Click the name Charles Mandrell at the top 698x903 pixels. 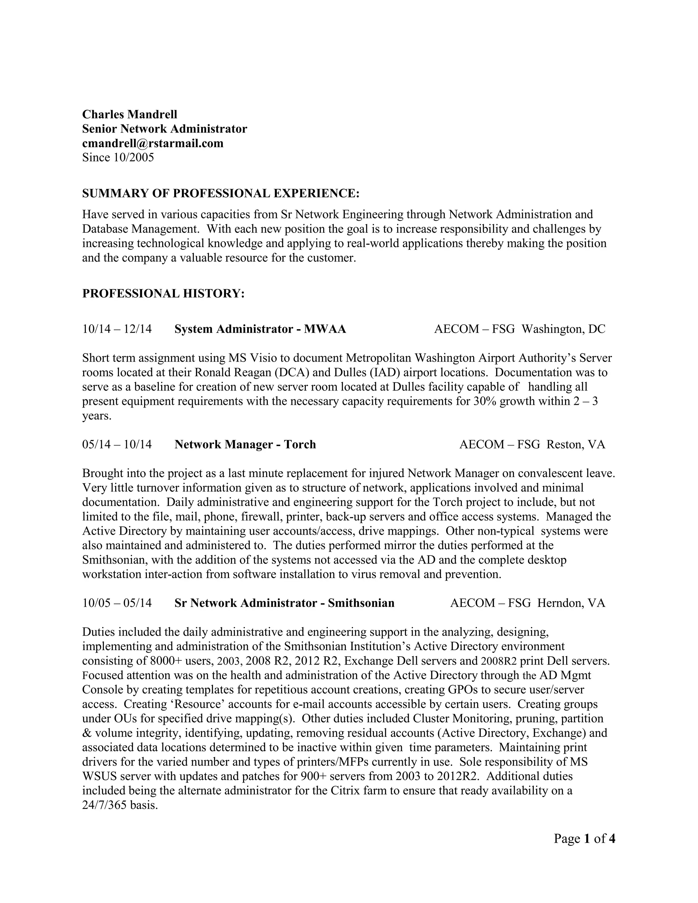point(130,114)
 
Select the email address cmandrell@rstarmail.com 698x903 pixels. point(153,143)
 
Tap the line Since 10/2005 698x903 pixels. point(118,157)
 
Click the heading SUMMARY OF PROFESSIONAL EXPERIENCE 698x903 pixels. point(221,193)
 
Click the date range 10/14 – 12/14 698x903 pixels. point(117,329)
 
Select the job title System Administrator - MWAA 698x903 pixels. point(260,329)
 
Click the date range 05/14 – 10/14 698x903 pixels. point(117,444)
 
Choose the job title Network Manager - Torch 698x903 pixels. point(245,444)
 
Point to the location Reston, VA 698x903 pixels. point(576,444)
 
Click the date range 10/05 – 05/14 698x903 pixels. point(117,603)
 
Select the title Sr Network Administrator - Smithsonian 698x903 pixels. point(285,603)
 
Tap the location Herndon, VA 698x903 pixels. point(571,603)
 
